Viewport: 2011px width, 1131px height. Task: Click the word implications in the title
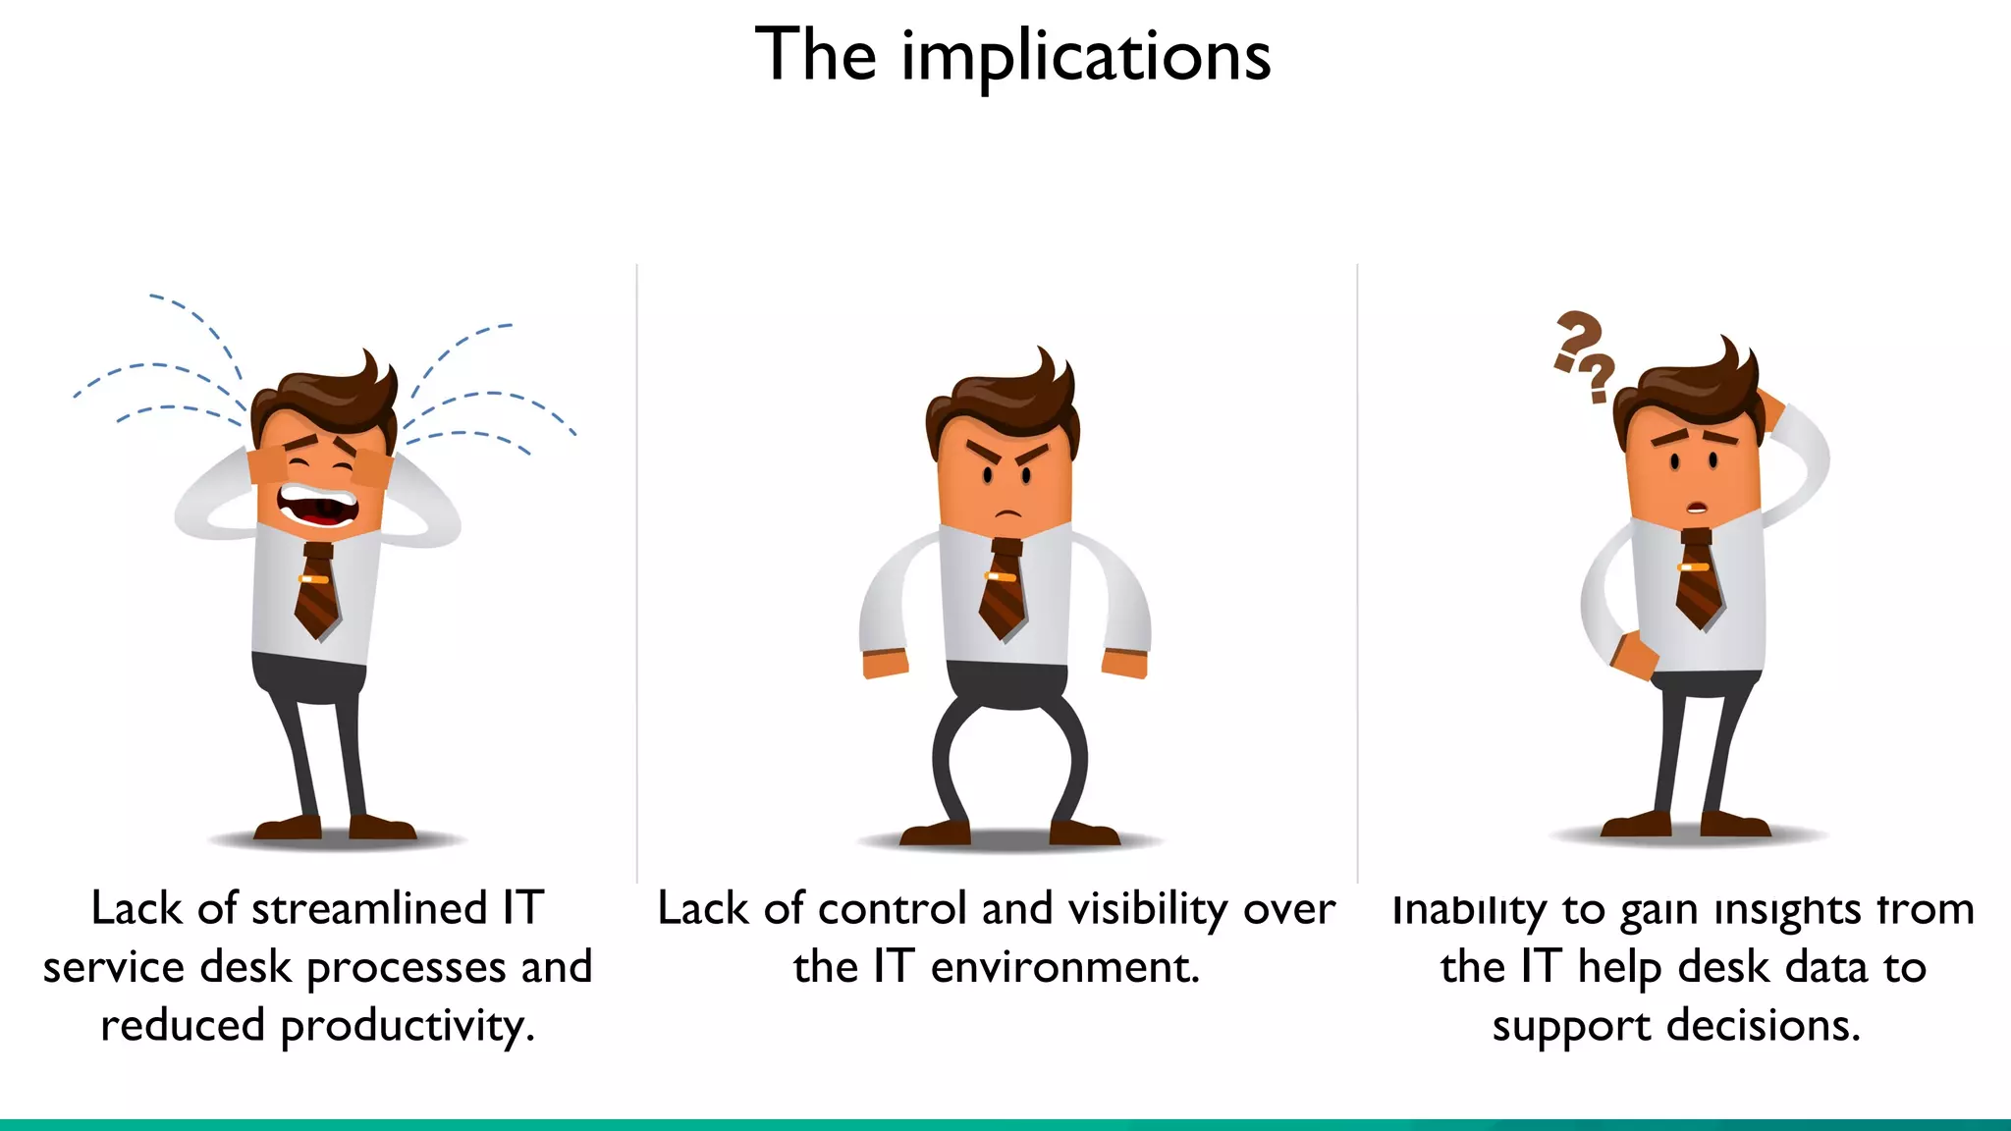coord(1086,57)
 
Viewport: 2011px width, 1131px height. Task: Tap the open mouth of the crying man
coord(316,506)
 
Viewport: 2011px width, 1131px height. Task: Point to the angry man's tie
coord(1003,589)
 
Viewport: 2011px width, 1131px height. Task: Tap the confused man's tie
coord(1698,579)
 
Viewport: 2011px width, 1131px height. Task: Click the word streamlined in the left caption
coord(369,908)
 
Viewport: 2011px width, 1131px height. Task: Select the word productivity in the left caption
coord(408,1027)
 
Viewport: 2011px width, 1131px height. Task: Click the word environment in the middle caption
coord(1064,967)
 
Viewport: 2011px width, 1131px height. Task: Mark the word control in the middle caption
coord(893,908)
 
